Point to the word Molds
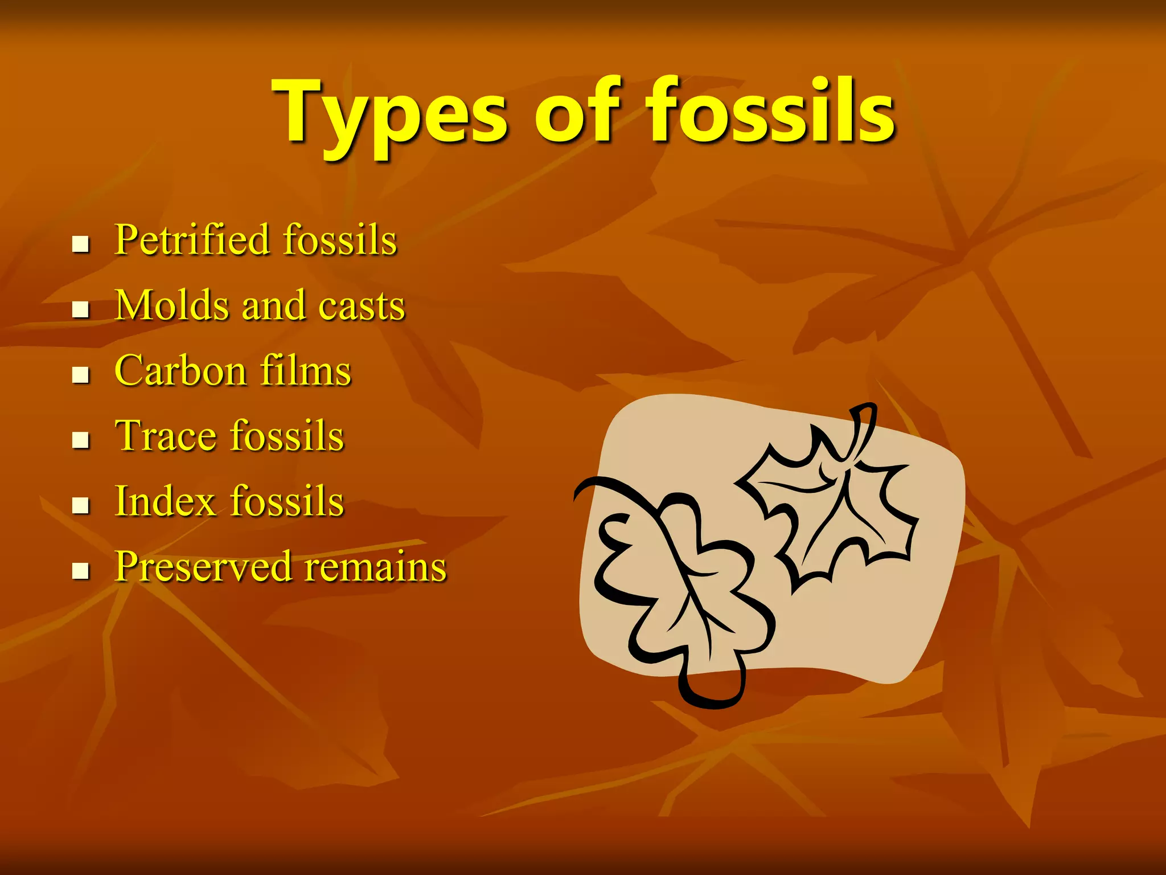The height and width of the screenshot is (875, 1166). [172, 305]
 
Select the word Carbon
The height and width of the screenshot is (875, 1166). [180, 371]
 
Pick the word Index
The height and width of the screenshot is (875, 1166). [166, 501]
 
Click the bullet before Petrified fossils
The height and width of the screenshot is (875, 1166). [81, 245]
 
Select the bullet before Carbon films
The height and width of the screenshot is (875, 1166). [81, 375]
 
